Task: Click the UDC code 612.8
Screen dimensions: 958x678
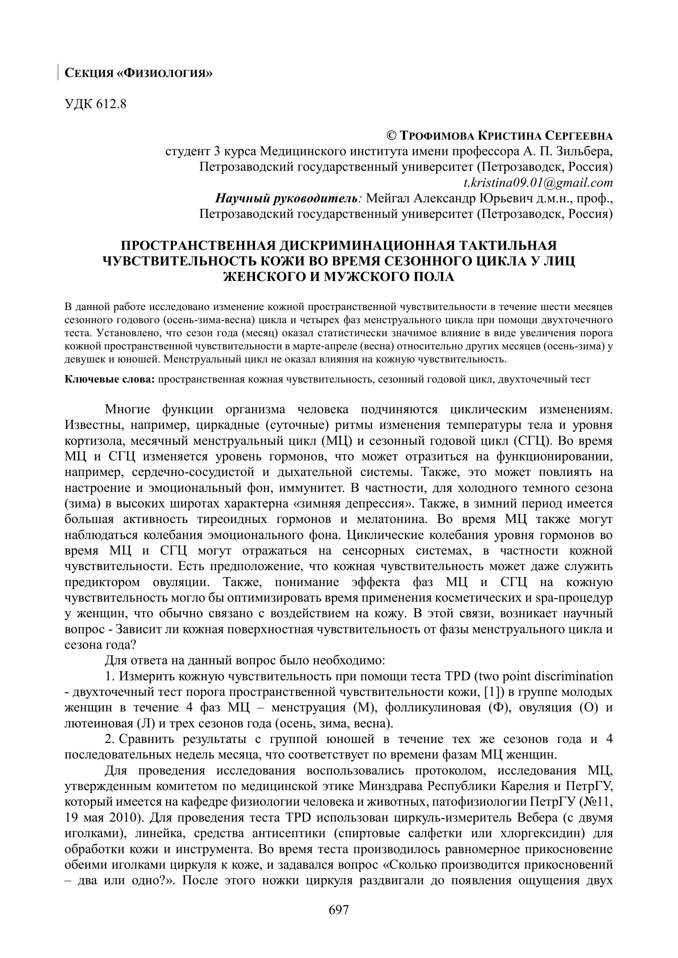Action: (96, 104)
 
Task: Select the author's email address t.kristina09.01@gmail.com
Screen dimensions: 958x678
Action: (538, 183)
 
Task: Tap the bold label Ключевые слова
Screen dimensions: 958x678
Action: (110, 379)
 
